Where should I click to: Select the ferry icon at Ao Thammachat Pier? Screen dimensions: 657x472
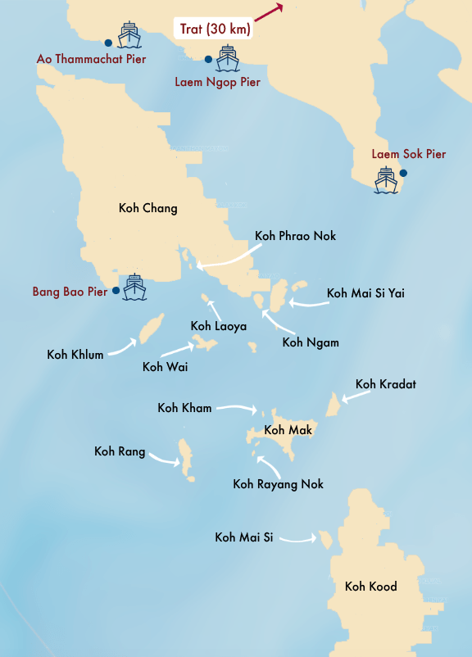pos(129,37)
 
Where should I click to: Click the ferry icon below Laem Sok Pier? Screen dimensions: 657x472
pos(386,180)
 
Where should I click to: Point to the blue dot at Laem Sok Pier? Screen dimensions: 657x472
pos(403,173)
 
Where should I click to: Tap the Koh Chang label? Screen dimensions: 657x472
pos(147,208)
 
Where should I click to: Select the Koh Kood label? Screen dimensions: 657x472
pos(370,586)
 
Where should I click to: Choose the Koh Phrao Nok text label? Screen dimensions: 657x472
pos(295,236)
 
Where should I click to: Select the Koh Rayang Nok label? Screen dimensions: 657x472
pos(278,484)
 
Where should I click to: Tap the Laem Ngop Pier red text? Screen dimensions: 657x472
pos(217,82)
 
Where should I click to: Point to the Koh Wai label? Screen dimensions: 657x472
pos(165,366)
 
